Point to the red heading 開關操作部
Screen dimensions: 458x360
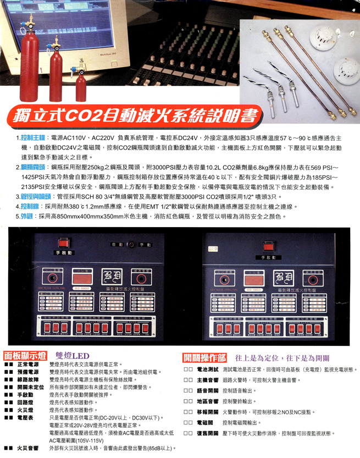(x=204, y=356)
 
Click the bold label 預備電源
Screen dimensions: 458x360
(x=27, y=372)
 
